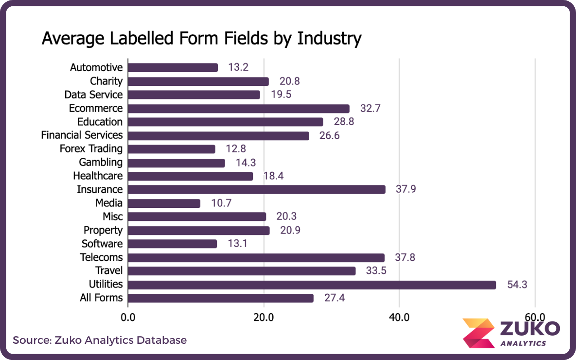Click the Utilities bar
click(x=312, y=285)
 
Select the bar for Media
click(x=164, y=203)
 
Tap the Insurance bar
click(x=256, y=189)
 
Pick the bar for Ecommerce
click(x=238, y=108)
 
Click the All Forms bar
click(x=220, y=298)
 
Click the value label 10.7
click(x=221, y=203)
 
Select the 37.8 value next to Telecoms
click(x=405, y=258)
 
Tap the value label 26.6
click(x=330, y=135)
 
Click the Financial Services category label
click(x=82, y=135)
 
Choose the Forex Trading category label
click(x=91, y=148)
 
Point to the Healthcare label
click(x=98, y=175)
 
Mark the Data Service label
click(x=93, y=94)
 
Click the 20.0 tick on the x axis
click(x=264, y=317)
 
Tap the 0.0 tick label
click(x=128, y=317)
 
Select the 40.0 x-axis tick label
click(x=399, y=317)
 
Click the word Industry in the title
click(x=329, y=39)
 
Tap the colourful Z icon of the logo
click(x=478, y=333)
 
